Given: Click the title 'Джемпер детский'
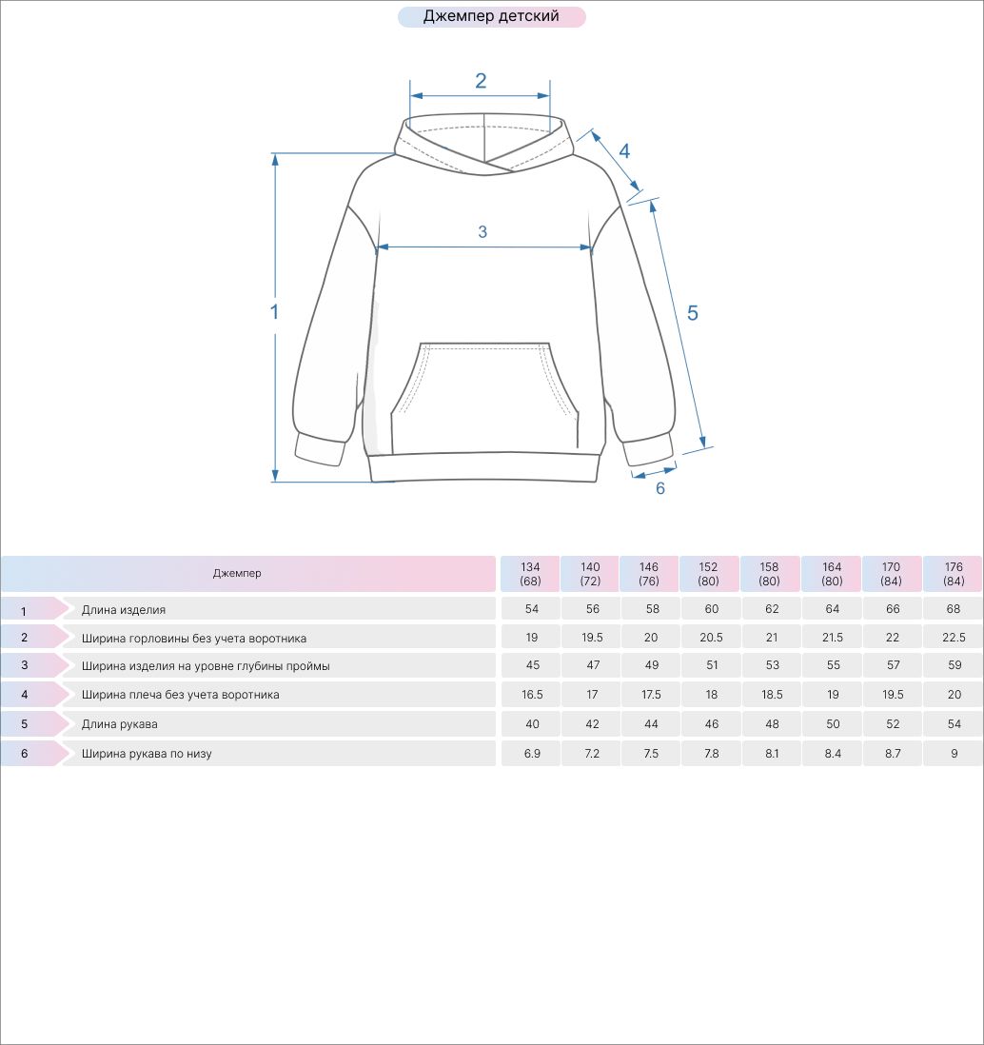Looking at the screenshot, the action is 491,16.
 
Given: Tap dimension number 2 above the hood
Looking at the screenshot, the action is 481,81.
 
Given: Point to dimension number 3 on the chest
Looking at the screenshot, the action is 482,232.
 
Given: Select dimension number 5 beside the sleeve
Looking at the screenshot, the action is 693,313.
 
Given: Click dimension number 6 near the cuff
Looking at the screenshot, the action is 660,488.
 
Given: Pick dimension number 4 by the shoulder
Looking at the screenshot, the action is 624,151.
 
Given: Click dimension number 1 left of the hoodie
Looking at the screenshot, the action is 274,311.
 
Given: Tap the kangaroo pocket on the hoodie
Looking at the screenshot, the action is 484,398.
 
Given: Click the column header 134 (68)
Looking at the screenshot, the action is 530,574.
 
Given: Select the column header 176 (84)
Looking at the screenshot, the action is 954,574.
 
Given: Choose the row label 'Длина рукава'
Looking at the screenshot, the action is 120,723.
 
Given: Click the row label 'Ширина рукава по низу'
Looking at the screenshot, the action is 147,754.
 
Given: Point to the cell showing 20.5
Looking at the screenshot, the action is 711,638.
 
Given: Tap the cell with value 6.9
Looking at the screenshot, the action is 532,754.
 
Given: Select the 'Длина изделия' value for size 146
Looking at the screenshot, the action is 652,609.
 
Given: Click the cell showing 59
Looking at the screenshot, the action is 954,665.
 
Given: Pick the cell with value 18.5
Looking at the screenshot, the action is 772,695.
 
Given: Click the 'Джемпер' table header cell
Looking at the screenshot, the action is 237,573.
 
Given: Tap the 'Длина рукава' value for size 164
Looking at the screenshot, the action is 833,723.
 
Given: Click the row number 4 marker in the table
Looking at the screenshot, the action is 25,695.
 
